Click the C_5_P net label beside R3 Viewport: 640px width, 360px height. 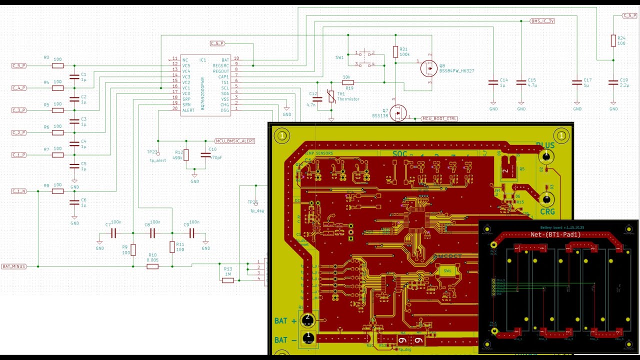tap(19, 65)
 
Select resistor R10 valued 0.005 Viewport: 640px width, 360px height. tap(152, 266)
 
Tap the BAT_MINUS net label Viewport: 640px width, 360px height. tap(14, 266)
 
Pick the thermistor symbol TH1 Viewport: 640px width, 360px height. tap(331, 96)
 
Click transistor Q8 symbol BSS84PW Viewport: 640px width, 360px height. tap(428, 68)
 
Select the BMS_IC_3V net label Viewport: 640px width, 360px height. tap(542, 21)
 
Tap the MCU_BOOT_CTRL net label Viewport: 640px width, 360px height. tap(439, 118)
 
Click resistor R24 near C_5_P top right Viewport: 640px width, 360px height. tap(613, 41)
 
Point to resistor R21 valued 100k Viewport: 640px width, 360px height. tap(395, 51)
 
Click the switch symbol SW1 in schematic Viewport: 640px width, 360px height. tap(365, 58)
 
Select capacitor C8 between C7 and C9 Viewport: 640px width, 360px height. tap(152, 233)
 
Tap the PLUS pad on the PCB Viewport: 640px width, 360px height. tap(546, 156)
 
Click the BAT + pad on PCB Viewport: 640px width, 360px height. tap(308, 318)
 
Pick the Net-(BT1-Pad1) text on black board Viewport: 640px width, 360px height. tap(555, 234)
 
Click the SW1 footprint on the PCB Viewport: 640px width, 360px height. tap(447, 270)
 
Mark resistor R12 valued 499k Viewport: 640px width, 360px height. tap(186, 155)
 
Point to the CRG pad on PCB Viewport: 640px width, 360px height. tap(546, 199)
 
